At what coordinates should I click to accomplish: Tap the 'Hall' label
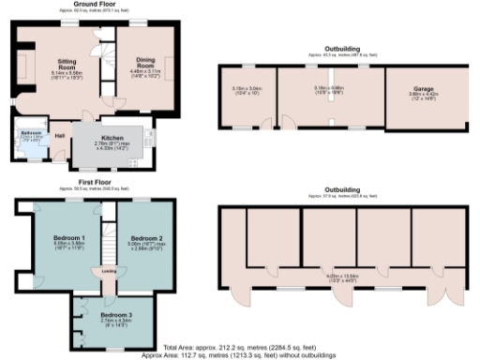(59, 136)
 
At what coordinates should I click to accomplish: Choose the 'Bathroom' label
(30, 133)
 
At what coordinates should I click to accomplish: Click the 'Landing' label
(97, 272)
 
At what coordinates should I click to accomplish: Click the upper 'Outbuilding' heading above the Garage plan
(342, 48)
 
